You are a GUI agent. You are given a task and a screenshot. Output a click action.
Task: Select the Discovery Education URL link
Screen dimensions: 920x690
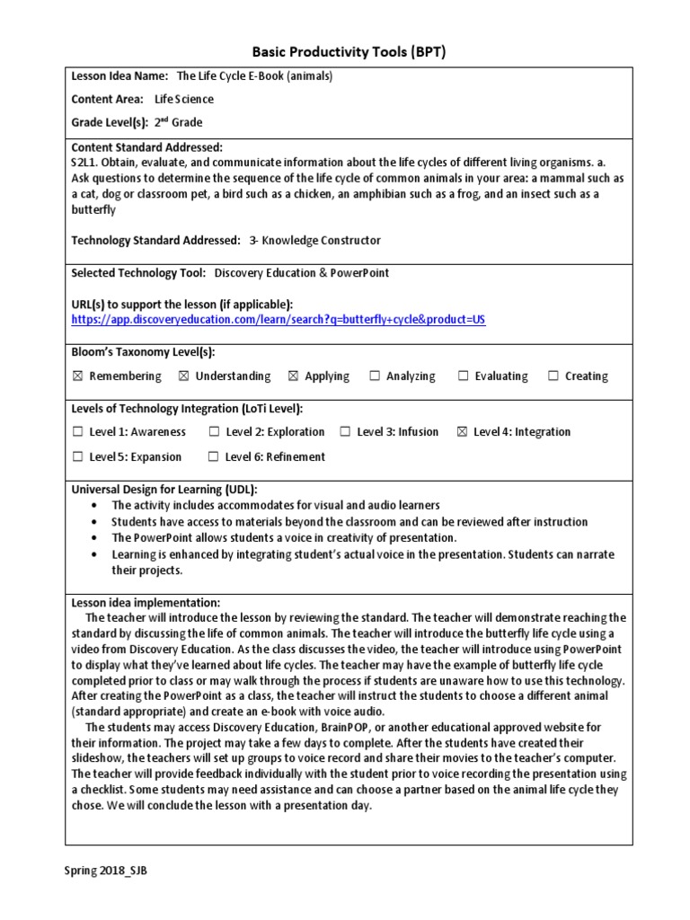coord(279,320)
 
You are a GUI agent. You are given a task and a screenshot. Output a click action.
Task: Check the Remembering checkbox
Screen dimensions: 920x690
coord(77,376)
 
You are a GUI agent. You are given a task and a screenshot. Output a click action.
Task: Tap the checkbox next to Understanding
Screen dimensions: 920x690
coord(184,376)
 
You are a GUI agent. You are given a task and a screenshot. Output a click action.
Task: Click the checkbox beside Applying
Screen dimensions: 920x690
coord(293,376)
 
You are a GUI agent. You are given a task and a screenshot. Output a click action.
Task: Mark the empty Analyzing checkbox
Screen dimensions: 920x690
coord(375,376)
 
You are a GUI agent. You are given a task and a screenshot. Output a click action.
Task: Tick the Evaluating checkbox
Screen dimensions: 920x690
coord(464,376)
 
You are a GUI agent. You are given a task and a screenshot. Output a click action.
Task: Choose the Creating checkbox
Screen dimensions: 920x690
coord(553,376)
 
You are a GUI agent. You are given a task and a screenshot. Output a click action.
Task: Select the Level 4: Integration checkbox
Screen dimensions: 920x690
coord(463,432)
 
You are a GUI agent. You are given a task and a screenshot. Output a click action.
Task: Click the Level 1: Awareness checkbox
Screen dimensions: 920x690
coord(77,432)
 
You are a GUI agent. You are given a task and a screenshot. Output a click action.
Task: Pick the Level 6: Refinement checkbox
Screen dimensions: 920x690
coord(214,457)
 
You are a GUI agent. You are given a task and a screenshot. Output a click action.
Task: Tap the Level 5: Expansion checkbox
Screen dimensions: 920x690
coord(77,457)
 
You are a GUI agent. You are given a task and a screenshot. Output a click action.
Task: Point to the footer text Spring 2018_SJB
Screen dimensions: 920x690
coord(106,871)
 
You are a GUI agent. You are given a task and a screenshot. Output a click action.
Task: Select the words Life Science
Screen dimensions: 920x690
coord(184,100)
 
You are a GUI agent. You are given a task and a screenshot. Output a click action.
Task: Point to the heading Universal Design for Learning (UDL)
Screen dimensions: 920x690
coord(164,490)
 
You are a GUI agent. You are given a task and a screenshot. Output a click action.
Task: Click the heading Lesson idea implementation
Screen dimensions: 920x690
coord(145,603)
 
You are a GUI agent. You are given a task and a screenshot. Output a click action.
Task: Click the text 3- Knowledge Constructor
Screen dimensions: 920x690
coord(314,241)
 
